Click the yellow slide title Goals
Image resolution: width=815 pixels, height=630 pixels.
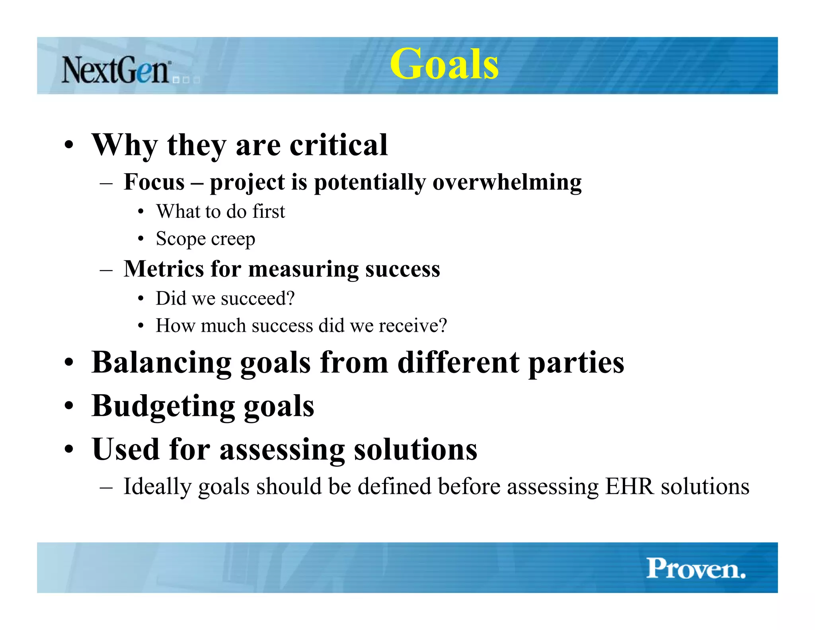point(444,64)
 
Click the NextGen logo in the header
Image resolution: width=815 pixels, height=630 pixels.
point(116,70)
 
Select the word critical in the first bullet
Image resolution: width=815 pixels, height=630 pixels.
point(338,145)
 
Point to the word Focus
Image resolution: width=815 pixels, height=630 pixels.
point(154,182)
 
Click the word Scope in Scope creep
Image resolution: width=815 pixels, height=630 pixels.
point(181,239)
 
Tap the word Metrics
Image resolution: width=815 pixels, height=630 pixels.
point(164,269)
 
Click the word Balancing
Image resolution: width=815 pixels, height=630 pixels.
point(161,363)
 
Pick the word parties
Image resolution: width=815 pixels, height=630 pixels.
point(576,363)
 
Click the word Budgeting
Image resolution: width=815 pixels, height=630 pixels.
point(163,407)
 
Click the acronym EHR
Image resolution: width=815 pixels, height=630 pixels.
point(629,486)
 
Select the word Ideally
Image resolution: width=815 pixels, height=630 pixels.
point(157,487)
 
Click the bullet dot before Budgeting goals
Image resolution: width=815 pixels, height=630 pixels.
point(69,407)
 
